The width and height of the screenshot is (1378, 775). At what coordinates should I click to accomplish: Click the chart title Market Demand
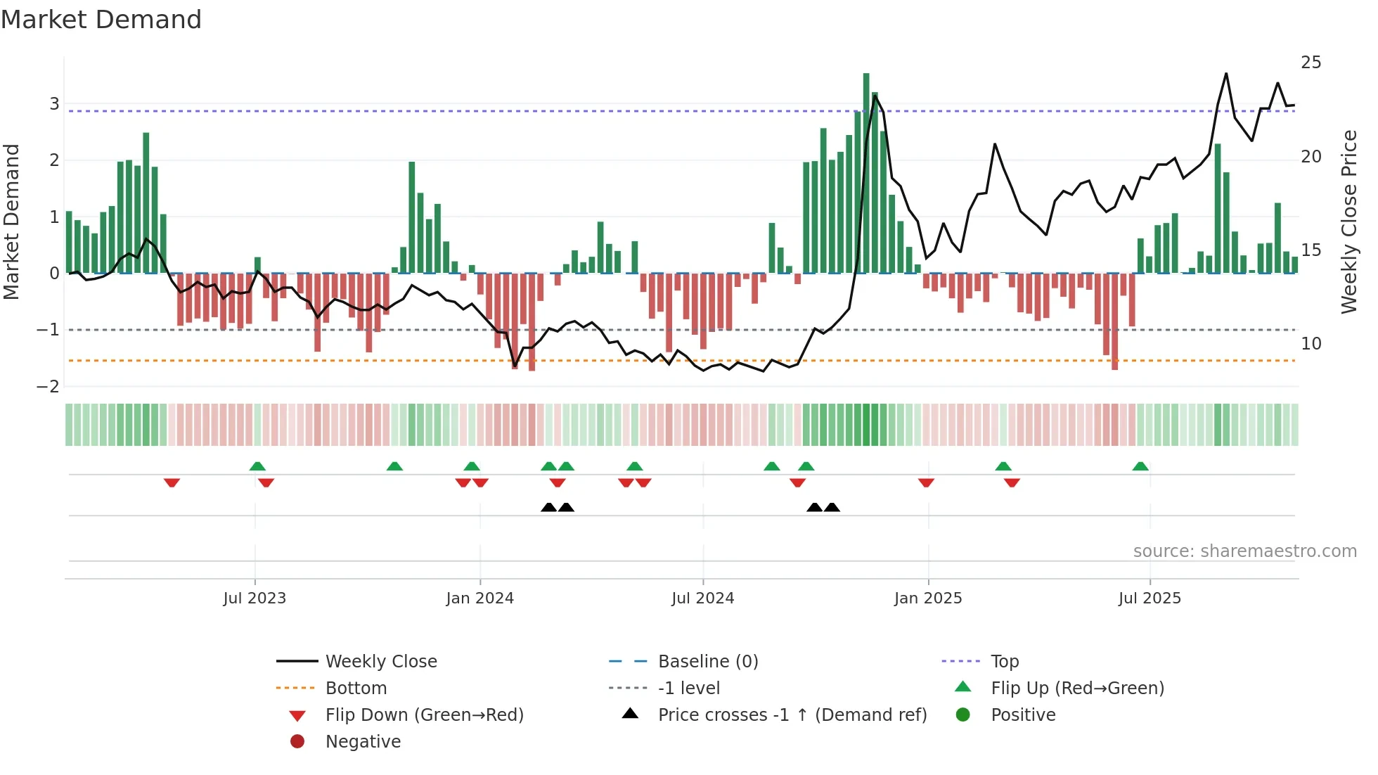(x=101, y=20)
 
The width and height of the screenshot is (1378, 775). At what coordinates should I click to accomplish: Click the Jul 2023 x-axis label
(x=255, y=598)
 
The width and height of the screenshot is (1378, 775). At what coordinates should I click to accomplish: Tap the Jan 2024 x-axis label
(x=480, y=598)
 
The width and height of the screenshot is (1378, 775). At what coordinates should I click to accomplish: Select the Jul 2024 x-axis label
(x=703, y=598)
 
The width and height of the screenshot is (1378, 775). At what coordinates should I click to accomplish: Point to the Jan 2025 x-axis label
(x=928, y=598)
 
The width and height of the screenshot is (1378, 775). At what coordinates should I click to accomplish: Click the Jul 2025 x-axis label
(x=1150, y=598)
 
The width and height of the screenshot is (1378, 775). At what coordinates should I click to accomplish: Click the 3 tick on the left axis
(x=54, y=104)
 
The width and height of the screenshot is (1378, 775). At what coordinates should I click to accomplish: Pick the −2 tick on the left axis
(x=49, y=386)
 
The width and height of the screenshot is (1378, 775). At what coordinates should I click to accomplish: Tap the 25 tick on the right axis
(x=1311, y=63)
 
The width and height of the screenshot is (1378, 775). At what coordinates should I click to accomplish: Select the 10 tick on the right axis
(x=1311, y=344)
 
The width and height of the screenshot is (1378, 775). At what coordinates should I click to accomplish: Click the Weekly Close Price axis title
(x=1348, y=222)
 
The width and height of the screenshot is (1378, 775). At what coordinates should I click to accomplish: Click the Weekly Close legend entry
(x=381, y=662)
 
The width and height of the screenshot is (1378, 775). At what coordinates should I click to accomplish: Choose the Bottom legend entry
(x=356, y=688)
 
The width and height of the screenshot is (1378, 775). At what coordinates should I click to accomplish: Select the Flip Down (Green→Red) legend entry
(x=424, y=715)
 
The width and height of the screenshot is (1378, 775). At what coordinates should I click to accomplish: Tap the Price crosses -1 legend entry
(x=792, y=715)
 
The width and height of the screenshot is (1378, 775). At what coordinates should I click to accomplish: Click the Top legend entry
(x=1005, y=662)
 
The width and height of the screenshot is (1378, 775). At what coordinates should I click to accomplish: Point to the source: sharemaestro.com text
(x=1244, y=551)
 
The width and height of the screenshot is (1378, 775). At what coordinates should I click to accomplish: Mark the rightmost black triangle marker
(x=832, y=507)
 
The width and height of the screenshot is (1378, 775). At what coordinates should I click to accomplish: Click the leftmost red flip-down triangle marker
(x=172, y=482)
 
